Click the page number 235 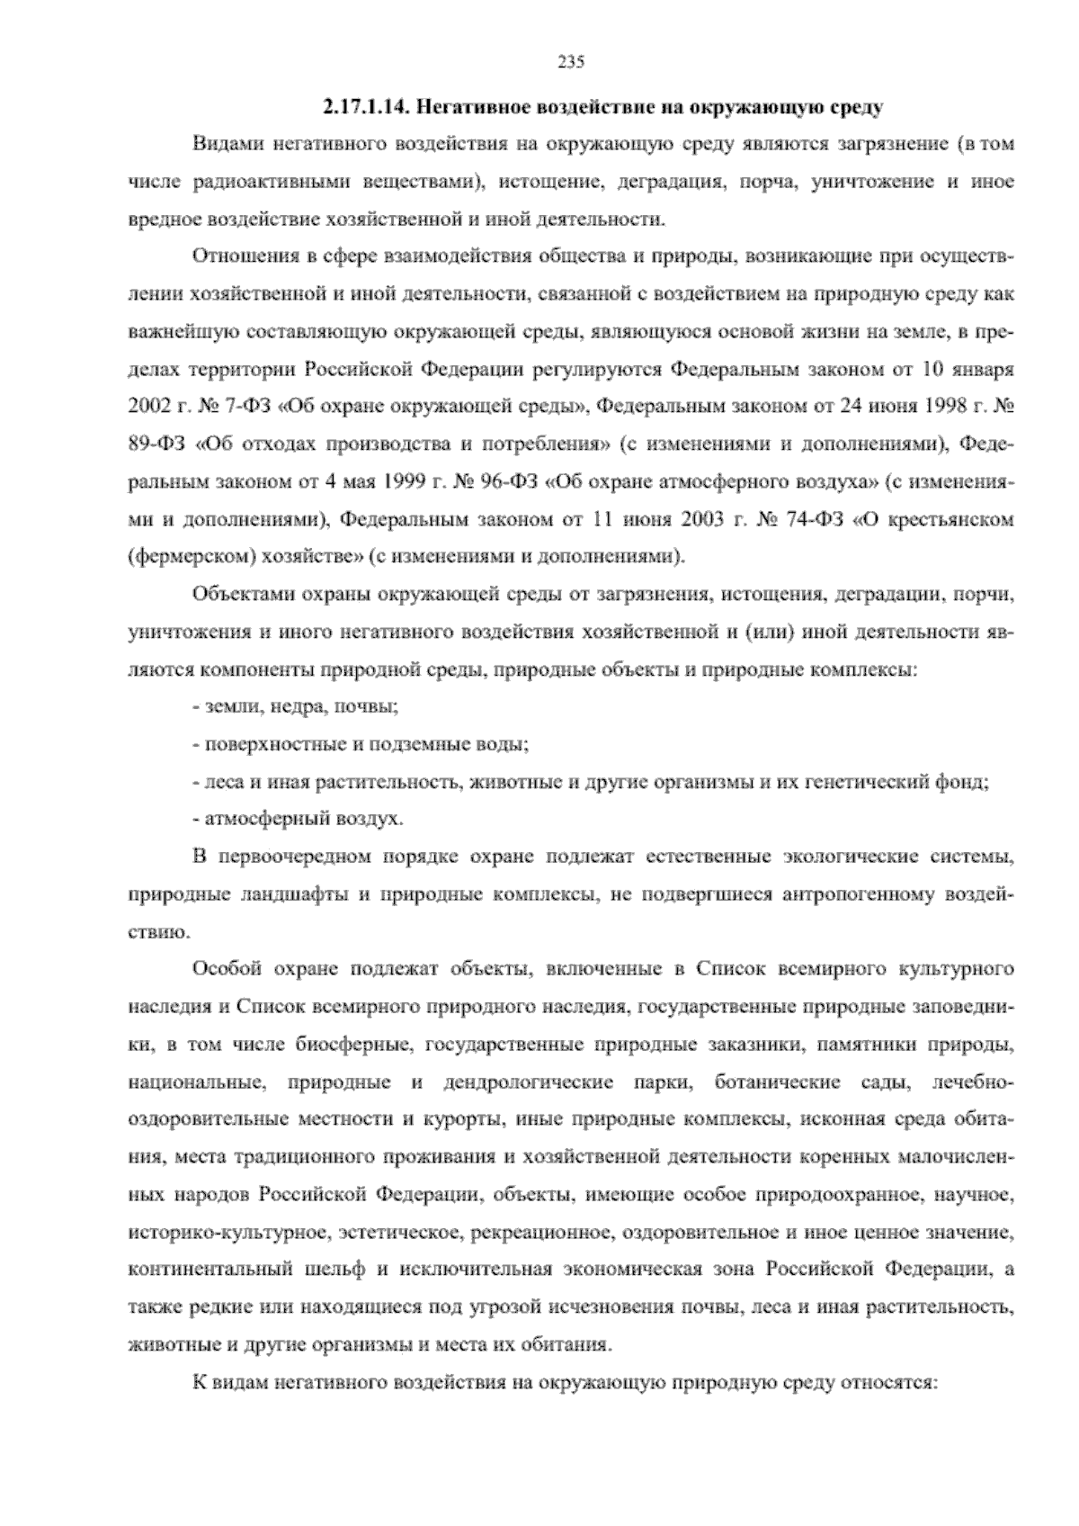(571, 62)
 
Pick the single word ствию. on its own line (159, 932)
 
